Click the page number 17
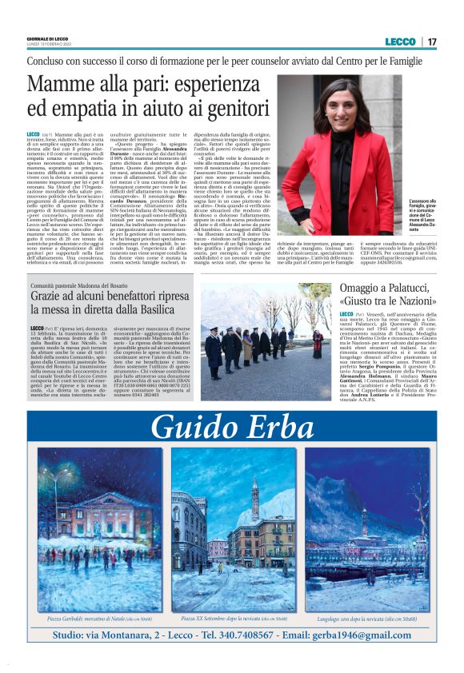pyautogui.click(x=432, y=41)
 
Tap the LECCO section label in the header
pyautogui.click(x=400, y=41)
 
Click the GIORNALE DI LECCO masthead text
pyautogui.click(x=49, y=35)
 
